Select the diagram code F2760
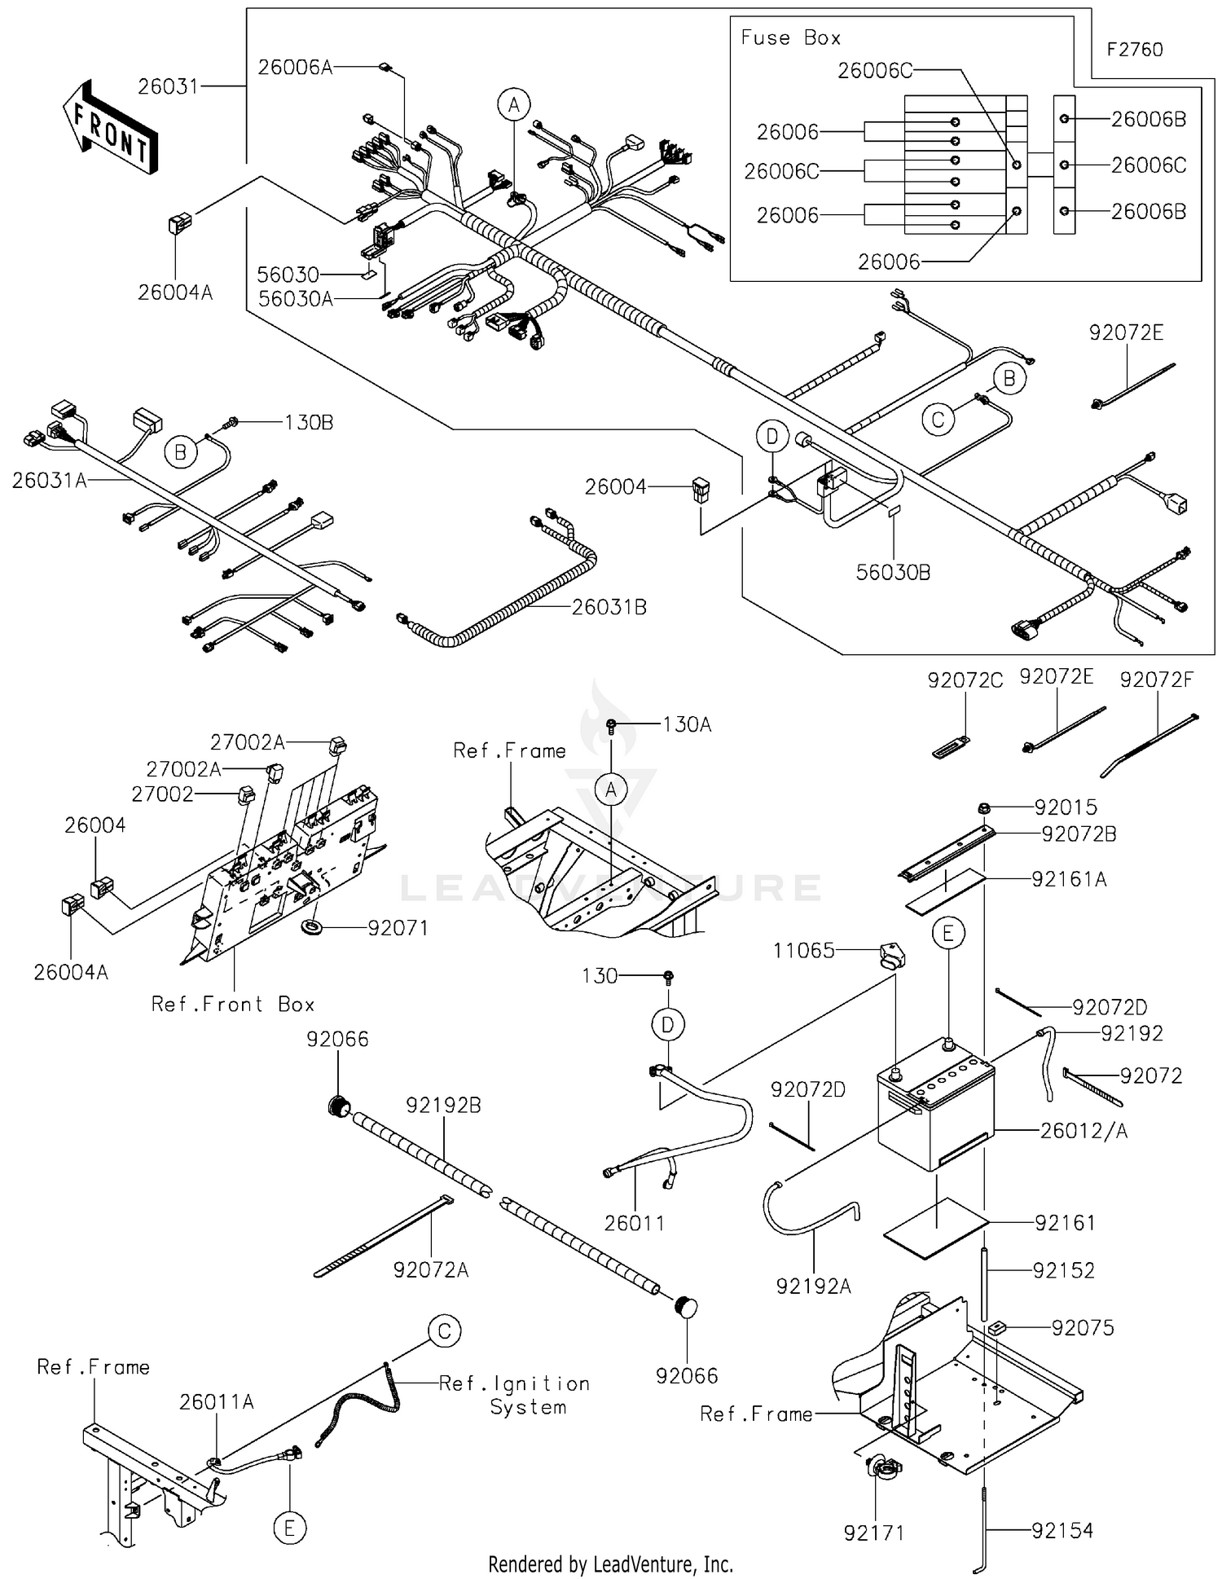[x=1134, y=50]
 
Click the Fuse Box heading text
[x=789, y=37]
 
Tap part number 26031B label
[x=609, y=607]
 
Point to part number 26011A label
[x=217, y=1401]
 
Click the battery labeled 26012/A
[x=935, y=1116]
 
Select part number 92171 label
[x=873, y=1533]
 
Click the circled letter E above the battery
[x=947, y=933]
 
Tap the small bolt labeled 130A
[x=611, y=724]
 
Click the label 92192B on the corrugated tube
[x=443, y=1106]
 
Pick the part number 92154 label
[x=1062, y=1531]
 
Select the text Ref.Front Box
[x=233, y=1004]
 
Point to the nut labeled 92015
[x=983, y=807]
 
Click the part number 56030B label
[x=892, y=572]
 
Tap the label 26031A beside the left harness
[x=49, y=481]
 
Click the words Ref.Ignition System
[x=514, y=1395]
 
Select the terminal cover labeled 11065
[x=892, y=954]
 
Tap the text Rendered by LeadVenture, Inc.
[x=610, y=1564]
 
